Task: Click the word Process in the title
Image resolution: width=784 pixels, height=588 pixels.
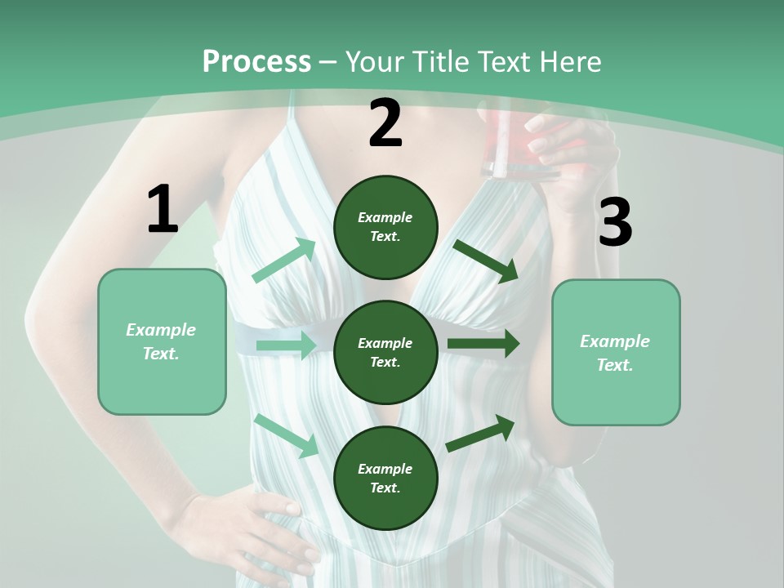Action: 256,62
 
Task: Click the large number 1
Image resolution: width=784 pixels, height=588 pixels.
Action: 163,210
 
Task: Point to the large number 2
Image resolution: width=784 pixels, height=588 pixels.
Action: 385,123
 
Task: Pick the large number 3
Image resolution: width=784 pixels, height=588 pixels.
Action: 615,222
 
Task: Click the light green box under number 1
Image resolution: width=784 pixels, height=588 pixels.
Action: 162,341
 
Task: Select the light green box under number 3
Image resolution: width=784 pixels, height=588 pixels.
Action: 616,353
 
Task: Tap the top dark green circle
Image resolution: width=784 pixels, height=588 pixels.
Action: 385,227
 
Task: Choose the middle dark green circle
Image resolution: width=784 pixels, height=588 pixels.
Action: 385,352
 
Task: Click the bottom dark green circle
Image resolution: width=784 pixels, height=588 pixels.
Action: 385,478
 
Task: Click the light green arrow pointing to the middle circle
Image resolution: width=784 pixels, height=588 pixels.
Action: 286,345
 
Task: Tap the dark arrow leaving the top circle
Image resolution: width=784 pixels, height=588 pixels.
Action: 486,261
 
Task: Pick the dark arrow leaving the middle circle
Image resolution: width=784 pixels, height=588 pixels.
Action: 483,344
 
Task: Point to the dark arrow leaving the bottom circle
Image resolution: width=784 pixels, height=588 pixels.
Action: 480,433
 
